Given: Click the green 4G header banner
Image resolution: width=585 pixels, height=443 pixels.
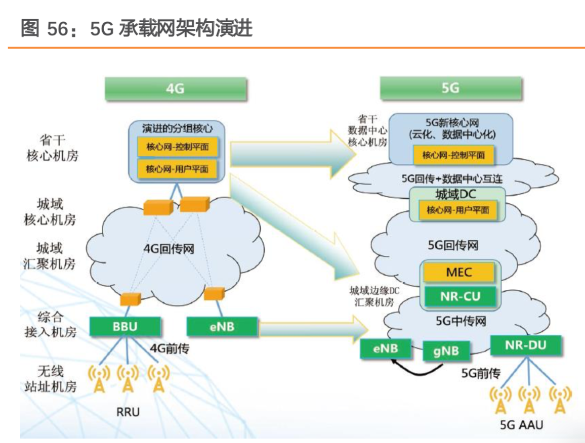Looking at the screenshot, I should point(176,89).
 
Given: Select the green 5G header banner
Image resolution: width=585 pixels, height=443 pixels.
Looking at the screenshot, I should point(450,88).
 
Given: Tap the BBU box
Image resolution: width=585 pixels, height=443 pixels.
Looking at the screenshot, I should point(125,326).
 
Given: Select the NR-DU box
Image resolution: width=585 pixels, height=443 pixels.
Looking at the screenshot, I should point(526,345).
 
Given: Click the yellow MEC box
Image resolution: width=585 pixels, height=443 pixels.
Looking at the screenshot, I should point(459,272).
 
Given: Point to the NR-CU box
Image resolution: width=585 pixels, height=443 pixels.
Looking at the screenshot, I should point(459,296).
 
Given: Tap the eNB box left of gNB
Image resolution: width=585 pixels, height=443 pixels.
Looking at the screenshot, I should point(385,348).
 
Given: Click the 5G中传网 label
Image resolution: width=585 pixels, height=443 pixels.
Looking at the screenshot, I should point(460,321).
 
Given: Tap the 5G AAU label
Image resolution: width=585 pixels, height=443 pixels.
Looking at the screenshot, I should point(521,424).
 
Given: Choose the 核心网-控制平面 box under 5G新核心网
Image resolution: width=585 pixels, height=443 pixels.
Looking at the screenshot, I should point(453,155).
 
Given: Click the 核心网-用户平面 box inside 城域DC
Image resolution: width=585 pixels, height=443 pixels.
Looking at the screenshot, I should point(457,210).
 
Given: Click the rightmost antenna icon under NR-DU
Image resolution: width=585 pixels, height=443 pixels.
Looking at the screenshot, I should point(560,399).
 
